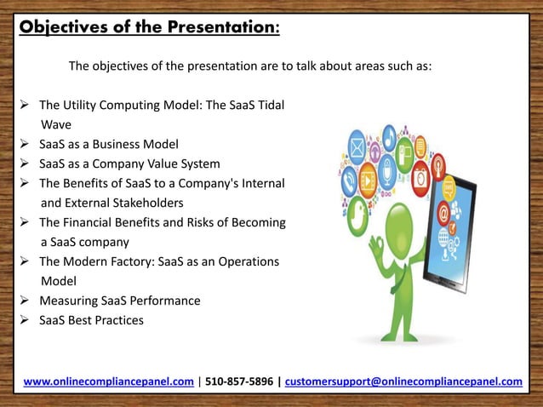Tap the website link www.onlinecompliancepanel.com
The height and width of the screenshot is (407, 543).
(x=108, y=381)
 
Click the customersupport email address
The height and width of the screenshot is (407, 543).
(x=403, y=381)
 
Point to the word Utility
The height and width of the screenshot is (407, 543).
(x=83, y=106)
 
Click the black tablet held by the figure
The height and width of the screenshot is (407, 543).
(x=448, y=221)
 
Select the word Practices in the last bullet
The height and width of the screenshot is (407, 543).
(x=120, y=320)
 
